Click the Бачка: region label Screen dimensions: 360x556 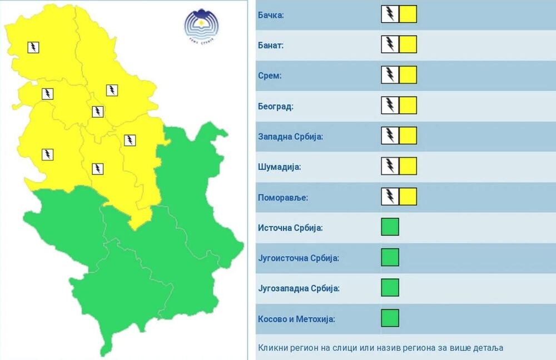point(271,15)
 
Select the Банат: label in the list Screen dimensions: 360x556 point(271,46)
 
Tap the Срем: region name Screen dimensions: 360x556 point(270,76)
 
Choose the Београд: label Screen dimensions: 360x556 point(275,106)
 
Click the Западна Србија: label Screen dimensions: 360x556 point(290,137)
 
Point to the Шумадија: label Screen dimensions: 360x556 point(279,167)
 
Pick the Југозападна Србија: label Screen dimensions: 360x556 point(299,288)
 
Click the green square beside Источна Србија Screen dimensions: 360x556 point(390,227)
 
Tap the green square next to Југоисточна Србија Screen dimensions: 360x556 point(390,257)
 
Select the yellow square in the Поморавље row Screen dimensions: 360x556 point(408,197)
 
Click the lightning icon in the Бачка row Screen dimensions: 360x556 point(390,14)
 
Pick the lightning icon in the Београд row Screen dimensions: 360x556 point(390,106)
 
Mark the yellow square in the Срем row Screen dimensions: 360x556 point(408,75)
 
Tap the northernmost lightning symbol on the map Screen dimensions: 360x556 point(33,47)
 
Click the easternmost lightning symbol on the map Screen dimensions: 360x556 point(130,140)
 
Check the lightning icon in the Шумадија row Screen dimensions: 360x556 point(390,166)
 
